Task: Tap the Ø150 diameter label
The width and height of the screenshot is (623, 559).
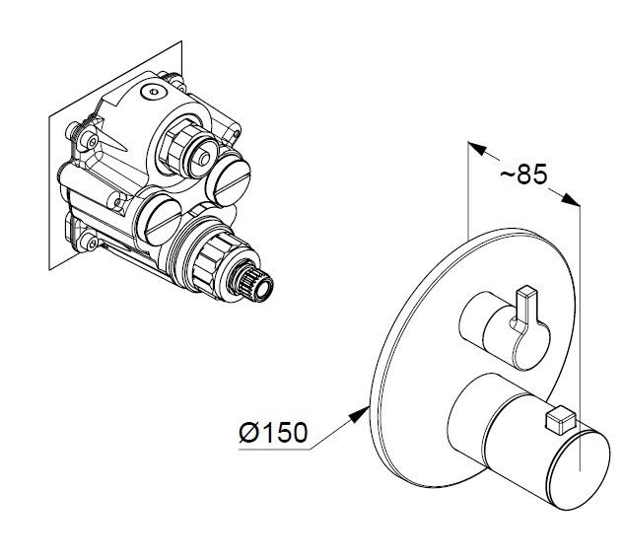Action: point(273,432)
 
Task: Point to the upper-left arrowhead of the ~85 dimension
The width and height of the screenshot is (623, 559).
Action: point(477,149)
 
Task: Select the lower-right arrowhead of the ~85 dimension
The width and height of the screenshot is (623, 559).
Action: point(570,199)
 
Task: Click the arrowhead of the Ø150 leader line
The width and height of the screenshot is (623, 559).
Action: point(360,414)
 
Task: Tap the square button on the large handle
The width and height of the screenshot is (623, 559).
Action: point(561,419)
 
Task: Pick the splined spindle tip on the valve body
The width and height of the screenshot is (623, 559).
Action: point(256,283)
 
